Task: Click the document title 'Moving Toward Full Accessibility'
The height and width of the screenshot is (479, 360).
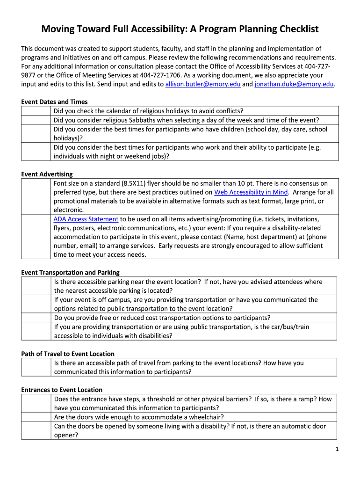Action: coord(180,29)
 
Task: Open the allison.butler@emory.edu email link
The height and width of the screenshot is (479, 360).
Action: coord(202,84)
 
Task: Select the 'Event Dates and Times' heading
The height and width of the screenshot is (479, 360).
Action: coord(54,102)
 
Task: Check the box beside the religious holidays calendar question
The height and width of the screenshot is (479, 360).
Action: coord(36,111)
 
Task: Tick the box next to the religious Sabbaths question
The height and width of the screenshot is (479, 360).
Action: coord(36,120)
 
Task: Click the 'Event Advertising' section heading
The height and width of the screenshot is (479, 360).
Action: coord(47,174)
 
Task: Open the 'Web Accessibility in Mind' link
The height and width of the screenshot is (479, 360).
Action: coord(251,192)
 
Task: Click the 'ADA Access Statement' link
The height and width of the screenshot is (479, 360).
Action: coord(86,219)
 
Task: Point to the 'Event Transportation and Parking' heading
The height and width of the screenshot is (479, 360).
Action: coord(70,272)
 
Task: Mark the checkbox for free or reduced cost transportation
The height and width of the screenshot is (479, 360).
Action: coord(36,318)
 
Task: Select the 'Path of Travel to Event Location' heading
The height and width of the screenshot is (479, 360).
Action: coord(68,354)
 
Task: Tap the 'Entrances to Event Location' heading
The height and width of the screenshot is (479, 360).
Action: coord(62,390)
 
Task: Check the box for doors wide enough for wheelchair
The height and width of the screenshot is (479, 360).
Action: coord(36,417)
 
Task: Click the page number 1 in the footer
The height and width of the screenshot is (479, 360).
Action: coord(337,450)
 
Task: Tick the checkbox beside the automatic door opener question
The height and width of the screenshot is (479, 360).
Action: coord(36,431)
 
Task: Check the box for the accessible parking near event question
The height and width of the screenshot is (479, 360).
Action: coord(36,286)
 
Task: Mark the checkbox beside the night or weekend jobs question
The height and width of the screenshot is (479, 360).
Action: coord(36,152)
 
